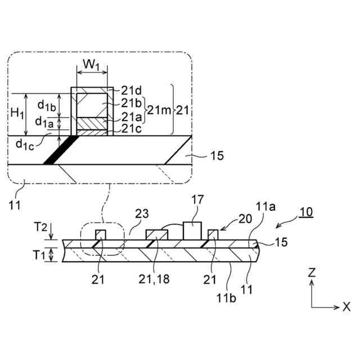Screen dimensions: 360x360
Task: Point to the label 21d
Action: (x=130, y=90)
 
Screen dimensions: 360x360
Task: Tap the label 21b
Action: (x=130, y=102)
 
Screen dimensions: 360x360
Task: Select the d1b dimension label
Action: (x=46, y=105)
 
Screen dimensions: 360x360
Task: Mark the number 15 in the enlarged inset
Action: (x=217, y=156)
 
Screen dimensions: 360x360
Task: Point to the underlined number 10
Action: (x=307, y=213)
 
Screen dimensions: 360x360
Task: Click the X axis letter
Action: (x=346, y=307)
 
